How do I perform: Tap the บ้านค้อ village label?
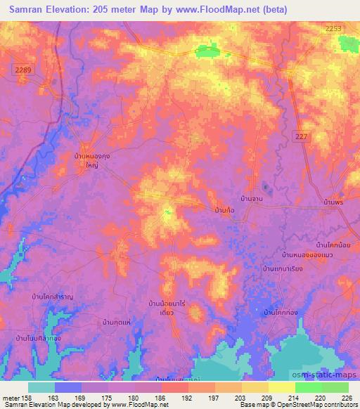click(224, 210)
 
